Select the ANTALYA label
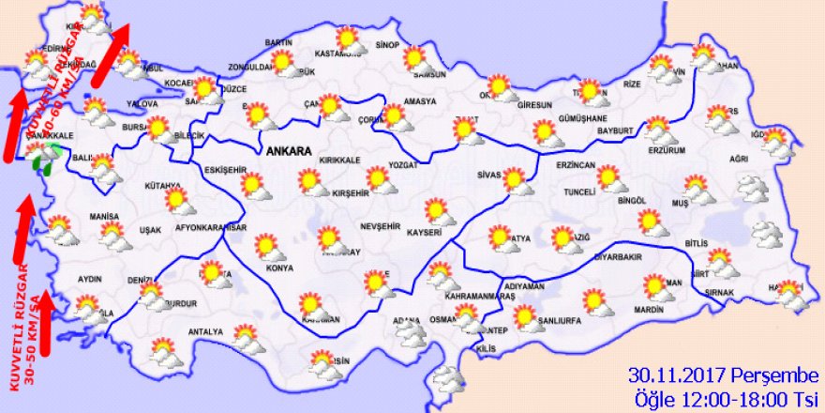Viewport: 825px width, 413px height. pyautogui.click(x=205, y=331)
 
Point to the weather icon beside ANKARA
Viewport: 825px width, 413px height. pyautogui.click(x=307, y=180)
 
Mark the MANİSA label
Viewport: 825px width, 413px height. pyautogui.click(x=105, y=218)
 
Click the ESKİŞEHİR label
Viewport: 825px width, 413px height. pyautogui.click(x=224, y=169)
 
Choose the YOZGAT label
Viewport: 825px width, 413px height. pyautogui.click(x=411, y=162)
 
